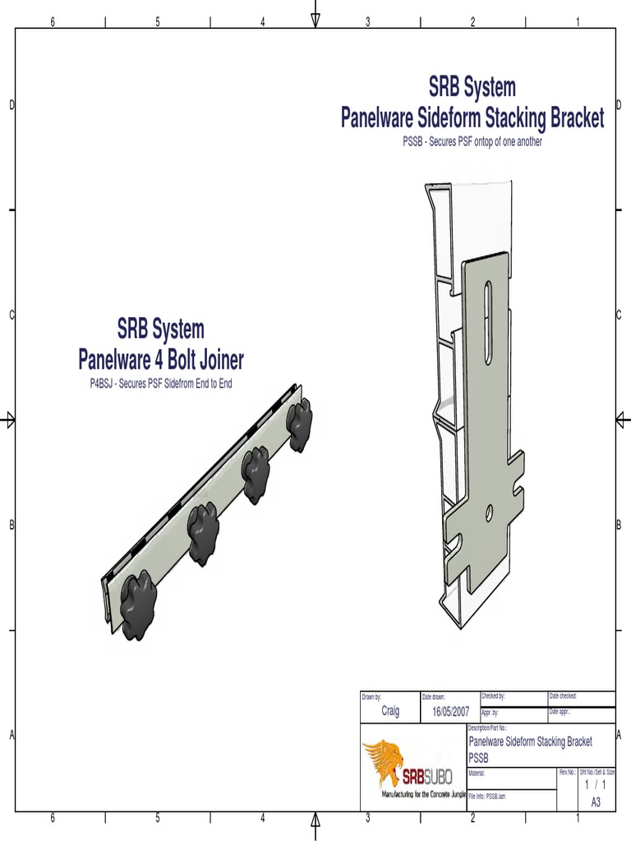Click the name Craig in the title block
390,711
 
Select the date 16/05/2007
450,711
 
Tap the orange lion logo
384,759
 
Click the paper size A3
596,802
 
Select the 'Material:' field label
477,773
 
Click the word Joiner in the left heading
215,359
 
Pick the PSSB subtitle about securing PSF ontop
472,142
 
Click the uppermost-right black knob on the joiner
299,423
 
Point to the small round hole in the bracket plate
489,513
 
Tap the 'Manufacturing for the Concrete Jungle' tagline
423,795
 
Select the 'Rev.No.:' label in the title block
568,773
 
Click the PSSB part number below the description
478,756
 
